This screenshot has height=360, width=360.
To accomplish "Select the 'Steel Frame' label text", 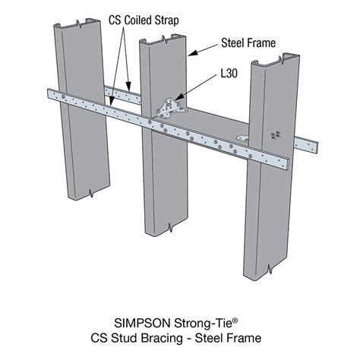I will tap(248, 43).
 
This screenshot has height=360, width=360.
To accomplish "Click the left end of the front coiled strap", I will tap(50, 93).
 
